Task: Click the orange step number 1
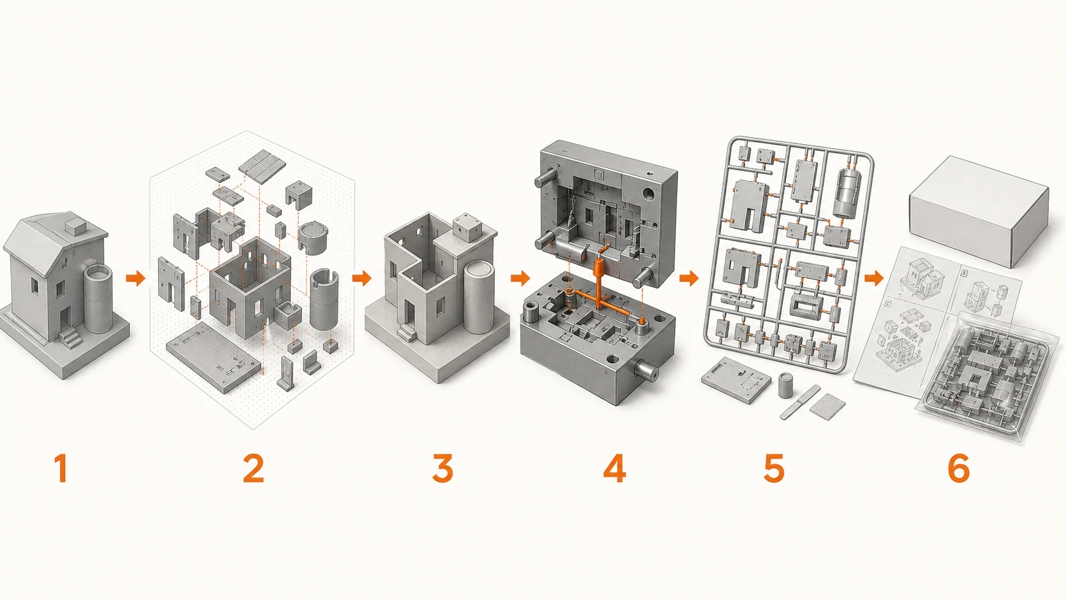point(61,468)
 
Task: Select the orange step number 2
point(253,468)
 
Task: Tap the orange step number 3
point(442,468)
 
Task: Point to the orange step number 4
point(615,468)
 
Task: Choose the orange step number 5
point(774,468)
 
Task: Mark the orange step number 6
point(958,468)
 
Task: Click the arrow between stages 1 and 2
point(136,278)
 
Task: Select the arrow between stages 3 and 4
point(521,278)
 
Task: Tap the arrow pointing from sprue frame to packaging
point(873,278)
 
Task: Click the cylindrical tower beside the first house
point(99,299)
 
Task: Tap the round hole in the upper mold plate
point(648,194)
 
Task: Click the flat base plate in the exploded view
point(213,357)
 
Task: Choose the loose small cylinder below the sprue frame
point(785,385)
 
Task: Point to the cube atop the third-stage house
point(465,228)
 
